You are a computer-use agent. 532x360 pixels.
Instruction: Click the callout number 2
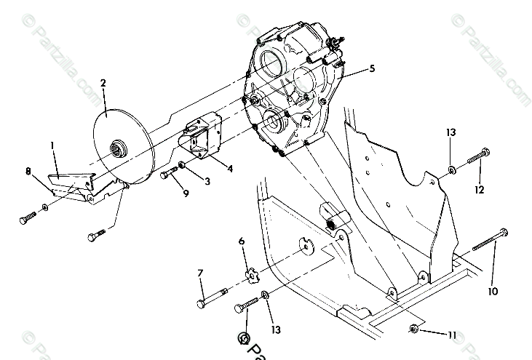[103, 82]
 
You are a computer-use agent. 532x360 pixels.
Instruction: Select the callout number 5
[372, 69]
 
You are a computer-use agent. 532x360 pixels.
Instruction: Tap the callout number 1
[52, 145]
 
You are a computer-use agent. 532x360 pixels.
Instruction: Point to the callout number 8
[28, 172]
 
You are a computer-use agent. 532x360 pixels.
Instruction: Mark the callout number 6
[242, 241]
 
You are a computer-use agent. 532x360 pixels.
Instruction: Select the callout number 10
[494, 291]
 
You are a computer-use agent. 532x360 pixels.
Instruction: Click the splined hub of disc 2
[118, 151]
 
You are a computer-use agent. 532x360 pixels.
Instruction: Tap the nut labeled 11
[413, 328]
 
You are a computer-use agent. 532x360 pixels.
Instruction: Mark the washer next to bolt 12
[452, 170]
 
